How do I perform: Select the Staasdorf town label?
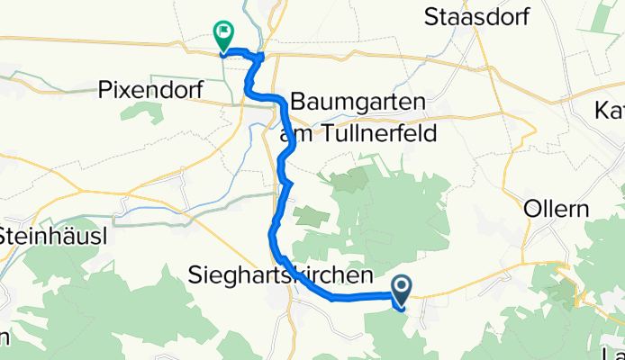pyautogui.click(x=476, y=16)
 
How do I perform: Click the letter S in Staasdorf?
pyautogui.click(x=430, y=16)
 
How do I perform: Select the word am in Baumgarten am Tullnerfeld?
pyautogui.click(x=294, y=134)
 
